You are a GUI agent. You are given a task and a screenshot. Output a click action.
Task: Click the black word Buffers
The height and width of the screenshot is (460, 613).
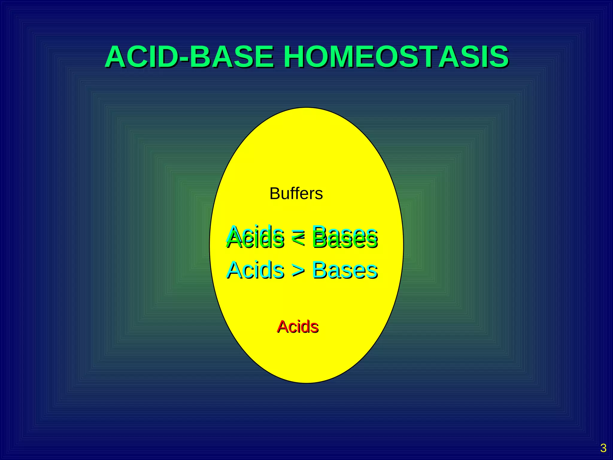pyautogui.click(x=296, y=193)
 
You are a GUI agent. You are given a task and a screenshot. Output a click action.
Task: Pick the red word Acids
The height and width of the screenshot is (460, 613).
pyautogui.click(x=298, y=326)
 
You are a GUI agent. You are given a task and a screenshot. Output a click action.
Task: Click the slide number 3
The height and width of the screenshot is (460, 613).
pyautogui.click(x=603, y=448)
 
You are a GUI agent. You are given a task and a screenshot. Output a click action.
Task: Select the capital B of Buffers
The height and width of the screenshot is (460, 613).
pyautogui.click(x=275, y=193)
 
